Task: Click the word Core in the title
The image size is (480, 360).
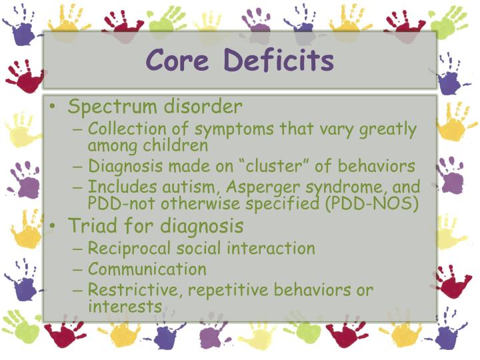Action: (179, 61)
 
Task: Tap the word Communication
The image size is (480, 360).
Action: (147, 269)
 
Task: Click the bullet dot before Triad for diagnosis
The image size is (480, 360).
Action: (53, 226)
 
